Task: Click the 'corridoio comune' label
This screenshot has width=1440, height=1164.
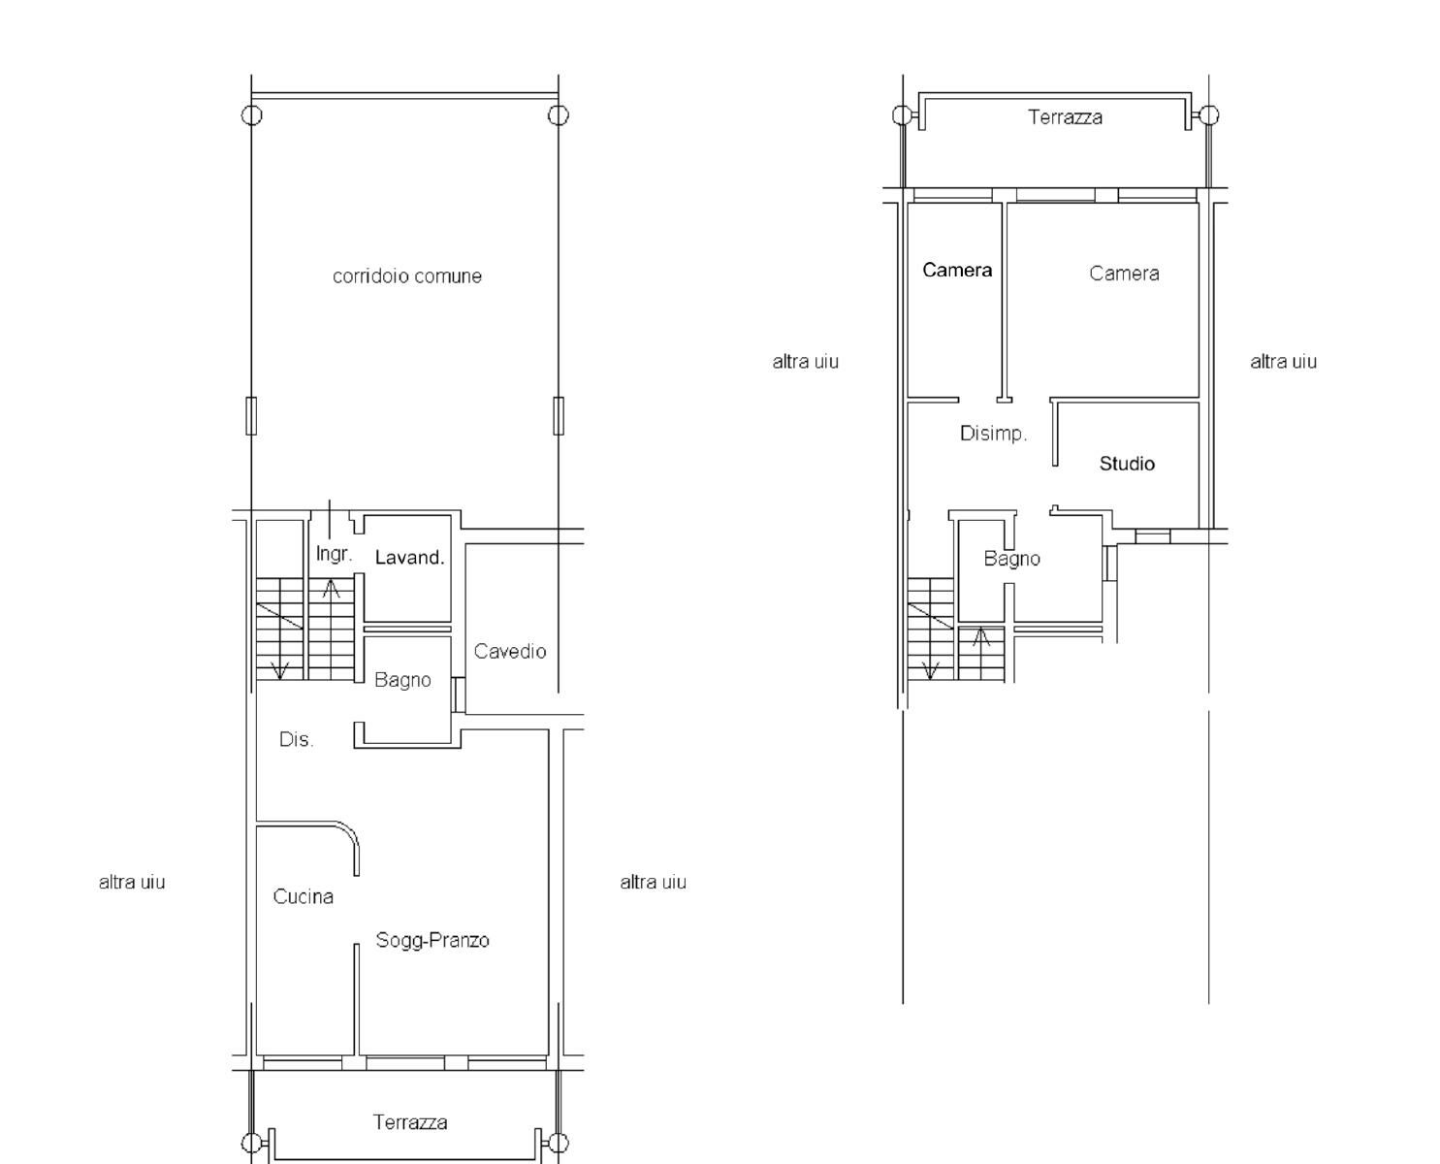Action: click(407, 275)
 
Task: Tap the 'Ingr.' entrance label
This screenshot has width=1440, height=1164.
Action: click(334, 554)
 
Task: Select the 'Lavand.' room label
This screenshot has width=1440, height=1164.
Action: click(409, 558)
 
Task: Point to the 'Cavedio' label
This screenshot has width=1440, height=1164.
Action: click(510, 651)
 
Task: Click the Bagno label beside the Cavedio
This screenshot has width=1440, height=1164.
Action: click(403, 680)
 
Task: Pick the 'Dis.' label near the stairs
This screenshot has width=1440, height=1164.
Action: click(296, 739)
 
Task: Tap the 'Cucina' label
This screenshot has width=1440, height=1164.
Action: click(303, 896)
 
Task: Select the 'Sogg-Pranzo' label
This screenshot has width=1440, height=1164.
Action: click(432, 940)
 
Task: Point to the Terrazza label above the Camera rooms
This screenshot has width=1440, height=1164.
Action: click(1066, 117)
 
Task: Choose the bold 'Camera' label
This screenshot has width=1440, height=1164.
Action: click(957, 270)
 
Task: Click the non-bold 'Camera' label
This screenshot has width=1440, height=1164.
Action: click(1124, 274)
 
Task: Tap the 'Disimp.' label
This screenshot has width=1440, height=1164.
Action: click(994, 433)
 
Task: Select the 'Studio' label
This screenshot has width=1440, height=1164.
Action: click(1127, 464)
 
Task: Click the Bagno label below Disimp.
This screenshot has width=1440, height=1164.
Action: click(1012, 559)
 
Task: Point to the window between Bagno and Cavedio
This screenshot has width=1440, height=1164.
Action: click(459, 695)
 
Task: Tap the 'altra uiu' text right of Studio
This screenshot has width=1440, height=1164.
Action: click(1283, 362)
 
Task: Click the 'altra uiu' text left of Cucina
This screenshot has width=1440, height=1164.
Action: click(132, 882)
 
